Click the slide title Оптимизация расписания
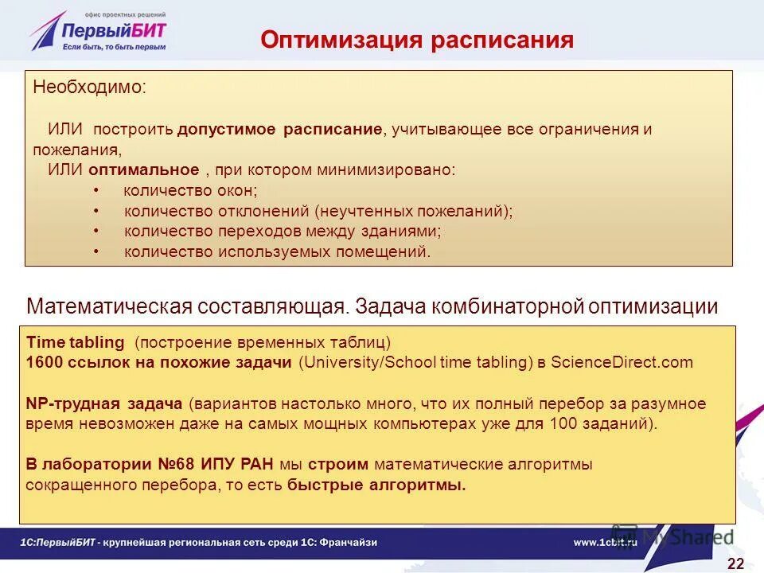[417, 41]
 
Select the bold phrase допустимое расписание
[280, 130]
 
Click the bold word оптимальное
[143, 170]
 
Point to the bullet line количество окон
[190, 190]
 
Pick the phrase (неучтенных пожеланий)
[413, 211]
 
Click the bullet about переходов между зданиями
[283, 232]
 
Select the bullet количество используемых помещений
[277, 252]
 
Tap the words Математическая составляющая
[187, 306]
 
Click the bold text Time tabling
[76, 343]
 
